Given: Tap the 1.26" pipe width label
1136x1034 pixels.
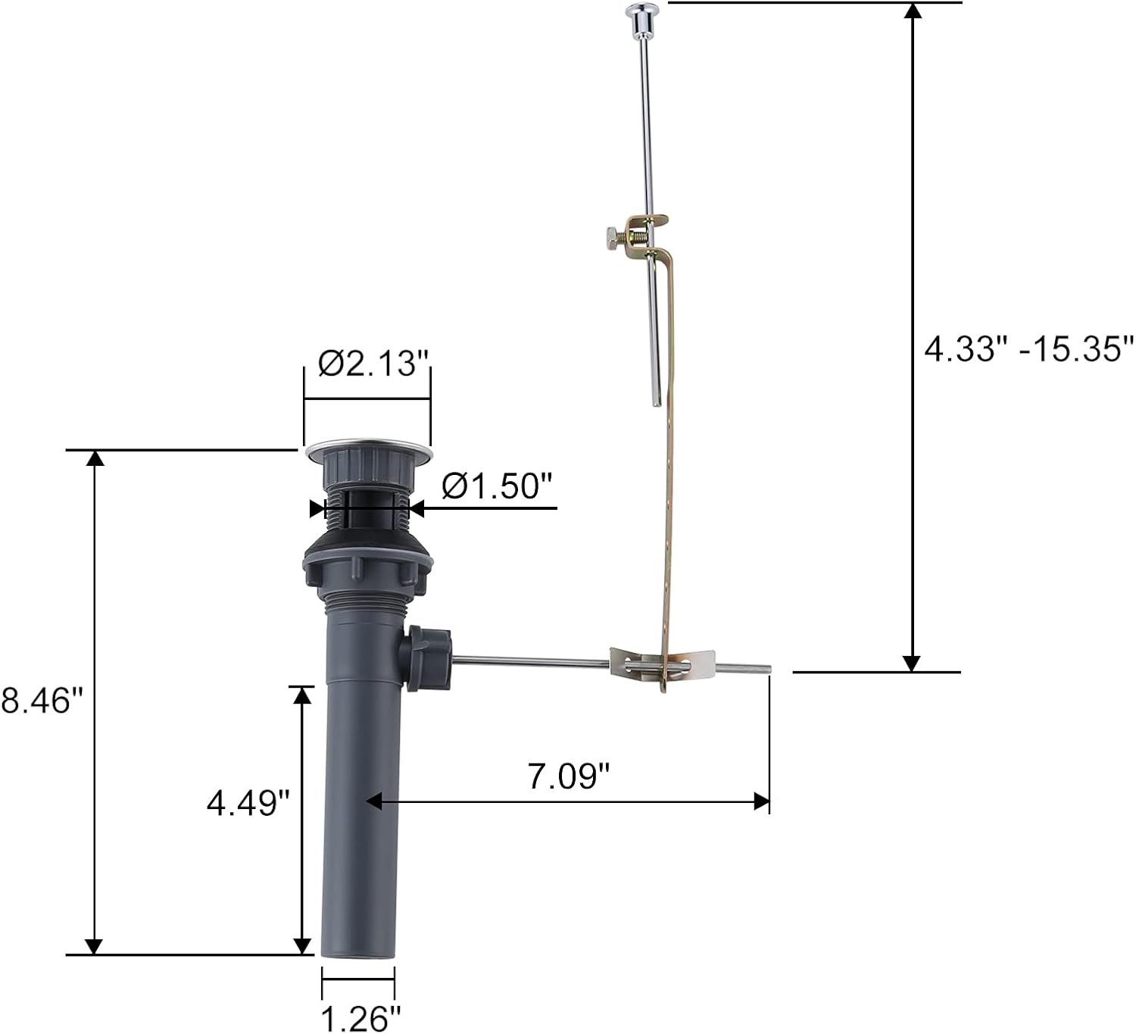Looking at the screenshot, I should [x=359, y=1017].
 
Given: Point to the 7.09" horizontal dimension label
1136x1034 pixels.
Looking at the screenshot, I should [x=568, y=776].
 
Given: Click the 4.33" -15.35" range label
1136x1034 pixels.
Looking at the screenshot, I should [x=1028, y=349].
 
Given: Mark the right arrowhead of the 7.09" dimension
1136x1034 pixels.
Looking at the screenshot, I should [x=762, y=801].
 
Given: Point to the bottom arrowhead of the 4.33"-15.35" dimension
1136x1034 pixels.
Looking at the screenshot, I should [x=913, y=663].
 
